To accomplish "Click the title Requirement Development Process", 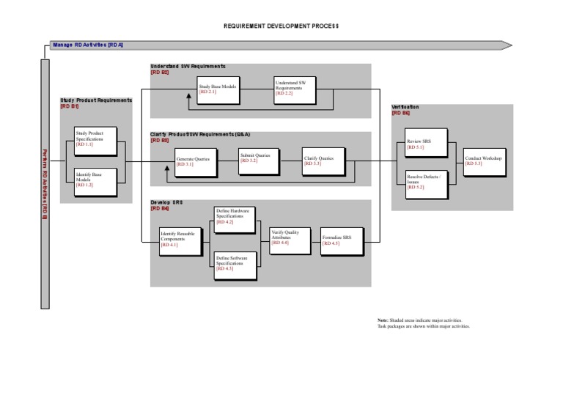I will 281,26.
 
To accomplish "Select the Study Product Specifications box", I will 94,139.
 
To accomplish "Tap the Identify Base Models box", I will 94,180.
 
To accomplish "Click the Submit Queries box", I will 259,160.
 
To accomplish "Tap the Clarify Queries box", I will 322,161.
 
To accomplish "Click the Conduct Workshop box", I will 483,161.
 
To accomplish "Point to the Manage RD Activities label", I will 88,45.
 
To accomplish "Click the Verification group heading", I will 405,107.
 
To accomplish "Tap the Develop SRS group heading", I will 166,202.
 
